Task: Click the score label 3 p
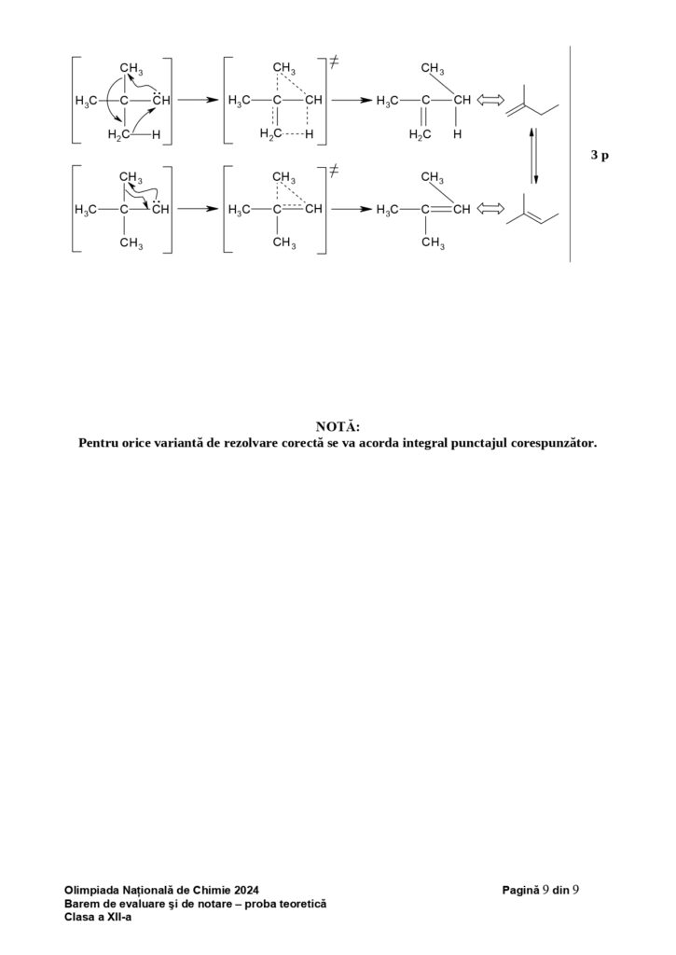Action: [600, 156]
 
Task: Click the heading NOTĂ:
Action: [338, 426]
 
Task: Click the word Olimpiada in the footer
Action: [92, 892]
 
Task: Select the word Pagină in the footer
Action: [520, 892]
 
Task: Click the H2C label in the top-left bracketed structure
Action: [118, 134]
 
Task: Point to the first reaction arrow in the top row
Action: [197, 101]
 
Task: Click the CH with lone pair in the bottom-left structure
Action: [159, 208]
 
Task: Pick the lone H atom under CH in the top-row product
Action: [457, 134]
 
